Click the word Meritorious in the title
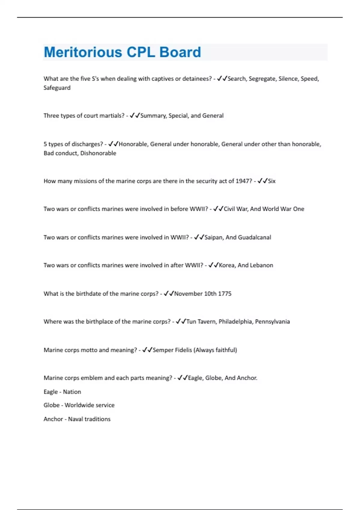point(83,52)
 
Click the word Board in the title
point(180,52)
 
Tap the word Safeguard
point(57,88)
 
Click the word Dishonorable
point(98,153)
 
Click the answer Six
point(271,181)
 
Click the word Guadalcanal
point(254,238)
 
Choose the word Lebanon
point(261,265)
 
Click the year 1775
point(225,294)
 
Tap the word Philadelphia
point(235,322)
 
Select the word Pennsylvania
point(272,322)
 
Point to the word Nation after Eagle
point(72,392)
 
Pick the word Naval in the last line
point(75,419)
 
